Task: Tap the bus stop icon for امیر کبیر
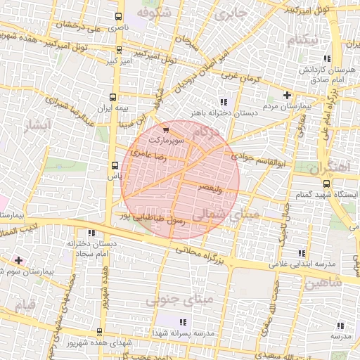pyautogui.click(x=119, y=49)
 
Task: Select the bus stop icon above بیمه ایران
pyautogui.click(x=113, y=98)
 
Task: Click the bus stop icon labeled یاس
pyautogui.click(x=115, y=166)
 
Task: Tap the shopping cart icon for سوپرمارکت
pyautogui.click(x=165, y=129)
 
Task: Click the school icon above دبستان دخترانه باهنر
pyautogui.click(x=224, y=101)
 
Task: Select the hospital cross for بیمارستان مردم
pyautogui.click(x=287, y=95)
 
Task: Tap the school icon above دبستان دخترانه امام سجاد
pyautogui.click(x=91, y=233)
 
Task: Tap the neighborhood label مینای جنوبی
pyautogui.click(x=169, y=300)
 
